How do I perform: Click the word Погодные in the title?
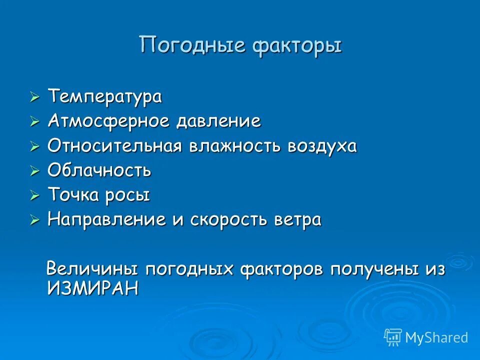click(x=192, y=46)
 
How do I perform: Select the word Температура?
click(x=104, y=96)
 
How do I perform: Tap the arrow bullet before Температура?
click(x=34, y=97)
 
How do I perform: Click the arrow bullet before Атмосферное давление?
click(x=34, y=122)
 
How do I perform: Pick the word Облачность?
click(x=99, y=170)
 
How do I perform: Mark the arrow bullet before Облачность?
click(x=34, y=171)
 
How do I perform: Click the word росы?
click(x=127, y=195)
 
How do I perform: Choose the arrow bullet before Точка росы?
click(x=34, y=195)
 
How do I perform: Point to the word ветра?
click(x=296, y=220)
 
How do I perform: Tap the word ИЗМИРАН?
click(x=92, y=288)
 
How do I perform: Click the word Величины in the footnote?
click(x=92, y=269)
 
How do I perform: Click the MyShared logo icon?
click(x=393, y=337)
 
